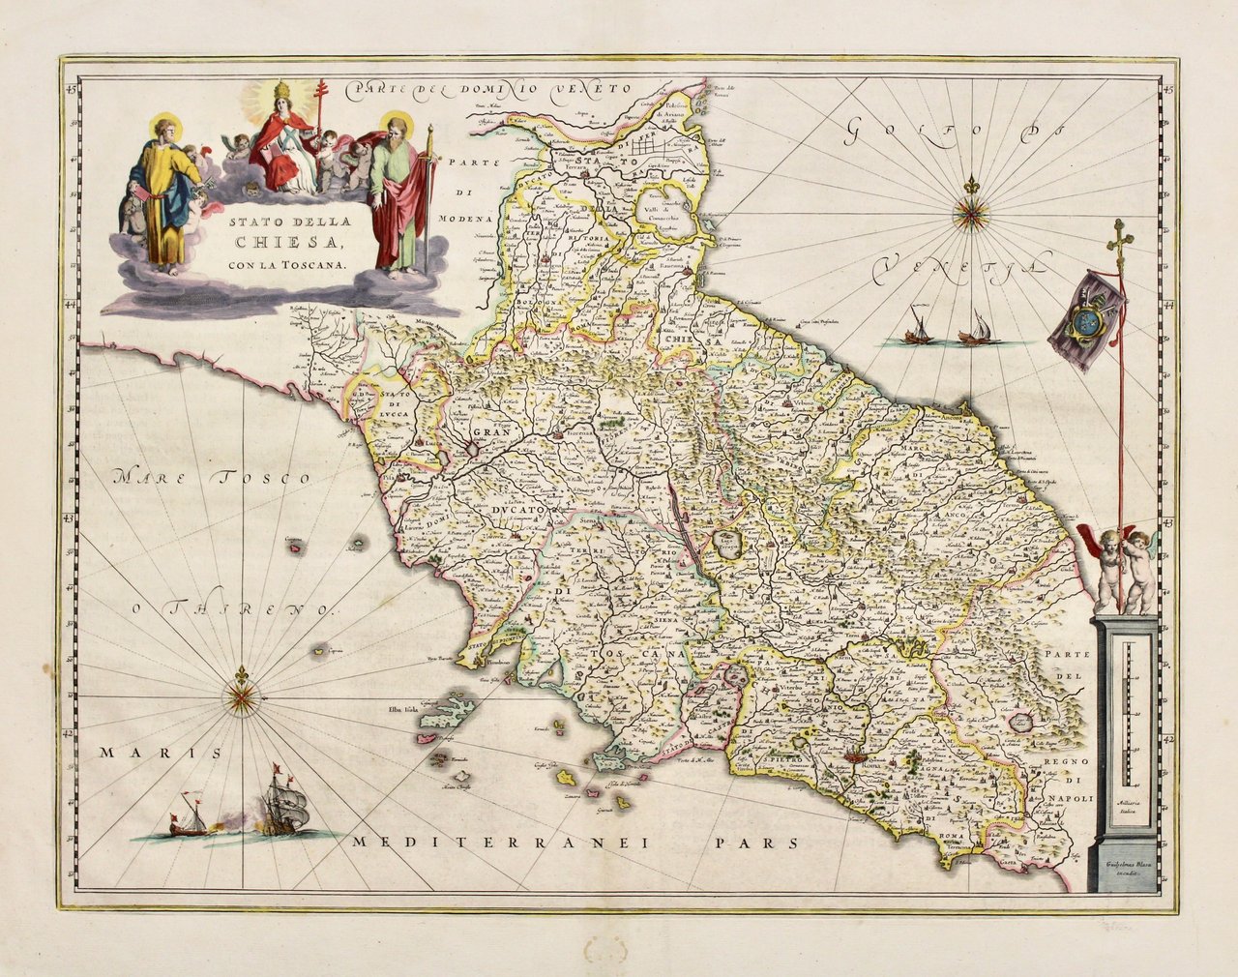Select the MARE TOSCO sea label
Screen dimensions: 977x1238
tap(213, 477)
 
